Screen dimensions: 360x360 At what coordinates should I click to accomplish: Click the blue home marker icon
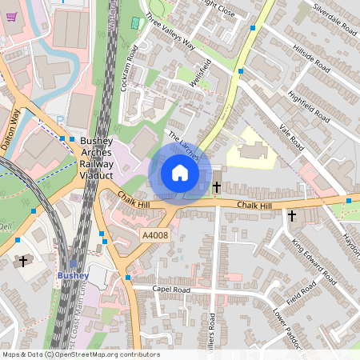[180, 172]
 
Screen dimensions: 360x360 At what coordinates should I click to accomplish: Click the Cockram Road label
[128, 67]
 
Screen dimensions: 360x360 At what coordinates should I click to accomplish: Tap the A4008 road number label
[155, 234]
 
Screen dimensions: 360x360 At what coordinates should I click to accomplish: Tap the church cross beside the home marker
[217, 187]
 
